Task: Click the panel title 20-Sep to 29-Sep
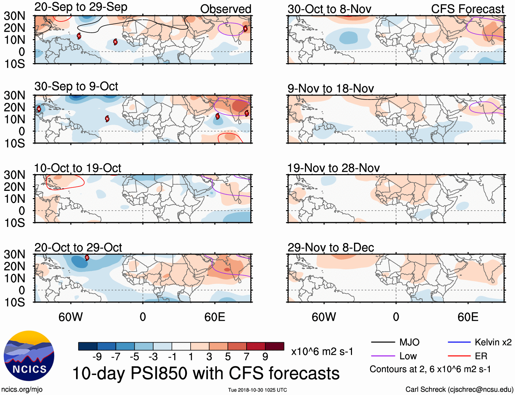(81, 7)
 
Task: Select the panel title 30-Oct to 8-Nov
(329, 9)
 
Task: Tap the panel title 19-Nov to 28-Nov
(333, 168)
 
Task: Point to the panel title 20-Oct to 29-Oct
(78, 247)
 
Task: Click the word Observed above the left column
(225, 9)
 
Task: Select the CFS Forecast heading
(467, 9)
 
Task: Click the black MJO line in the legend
(383, 342)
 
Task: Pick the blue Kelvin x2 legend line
(459, 342)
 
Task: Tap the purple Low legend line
(383, 356)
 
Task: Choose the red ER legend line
(459, 356)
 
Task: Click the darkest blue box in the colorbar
(88, 346)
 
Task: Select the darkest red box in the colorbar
(275, 346)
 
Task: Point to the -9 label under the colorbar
(97, 357)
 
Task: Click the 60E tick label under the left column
(215, 317)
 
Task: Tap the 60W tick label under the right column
(324, 317)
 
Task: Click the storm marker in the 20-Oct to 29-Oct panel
(87, 258)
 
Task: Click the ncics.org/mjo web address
(22, 389)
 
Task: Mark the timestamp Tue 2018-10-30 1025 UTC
(257, 390)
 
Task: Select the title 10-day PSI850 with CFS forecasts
(206, 373)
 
